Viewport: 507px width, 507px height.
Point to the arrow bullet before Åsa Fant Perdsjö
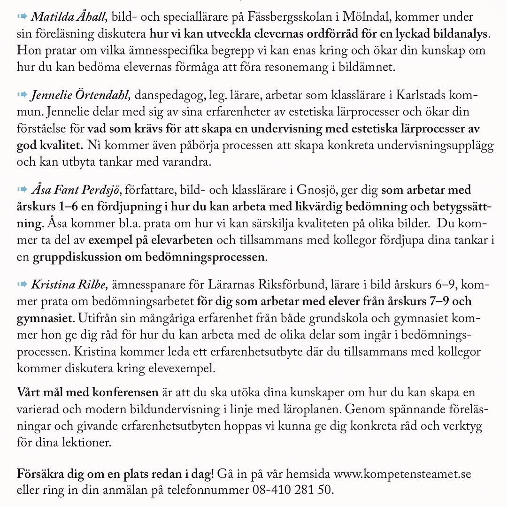tap(22, 190)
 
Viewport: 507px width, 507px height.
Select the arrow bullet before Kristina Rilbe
tap(22, 284)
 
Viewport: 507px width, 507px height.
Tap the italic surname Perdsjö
tap(100, 190)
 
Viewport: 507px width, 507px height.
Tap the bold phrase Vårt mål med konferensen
tap(88, 392)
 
